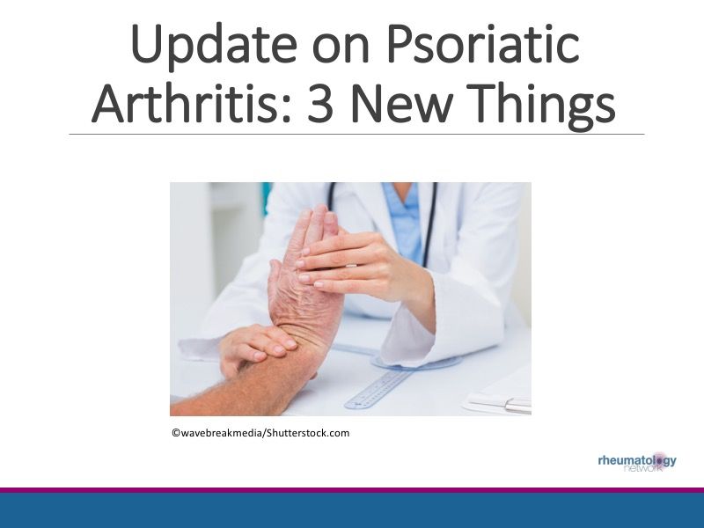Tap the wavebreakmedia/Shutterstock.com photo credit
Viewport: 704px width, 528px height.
(x=260, y=433)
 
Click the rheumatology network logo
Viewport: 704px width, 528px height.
(x=637, y=462)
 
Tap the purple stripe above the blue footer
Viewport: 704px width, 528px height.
(x=352, y=490)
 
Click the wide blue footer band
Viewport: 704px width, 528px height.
(x=352, y=511)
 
